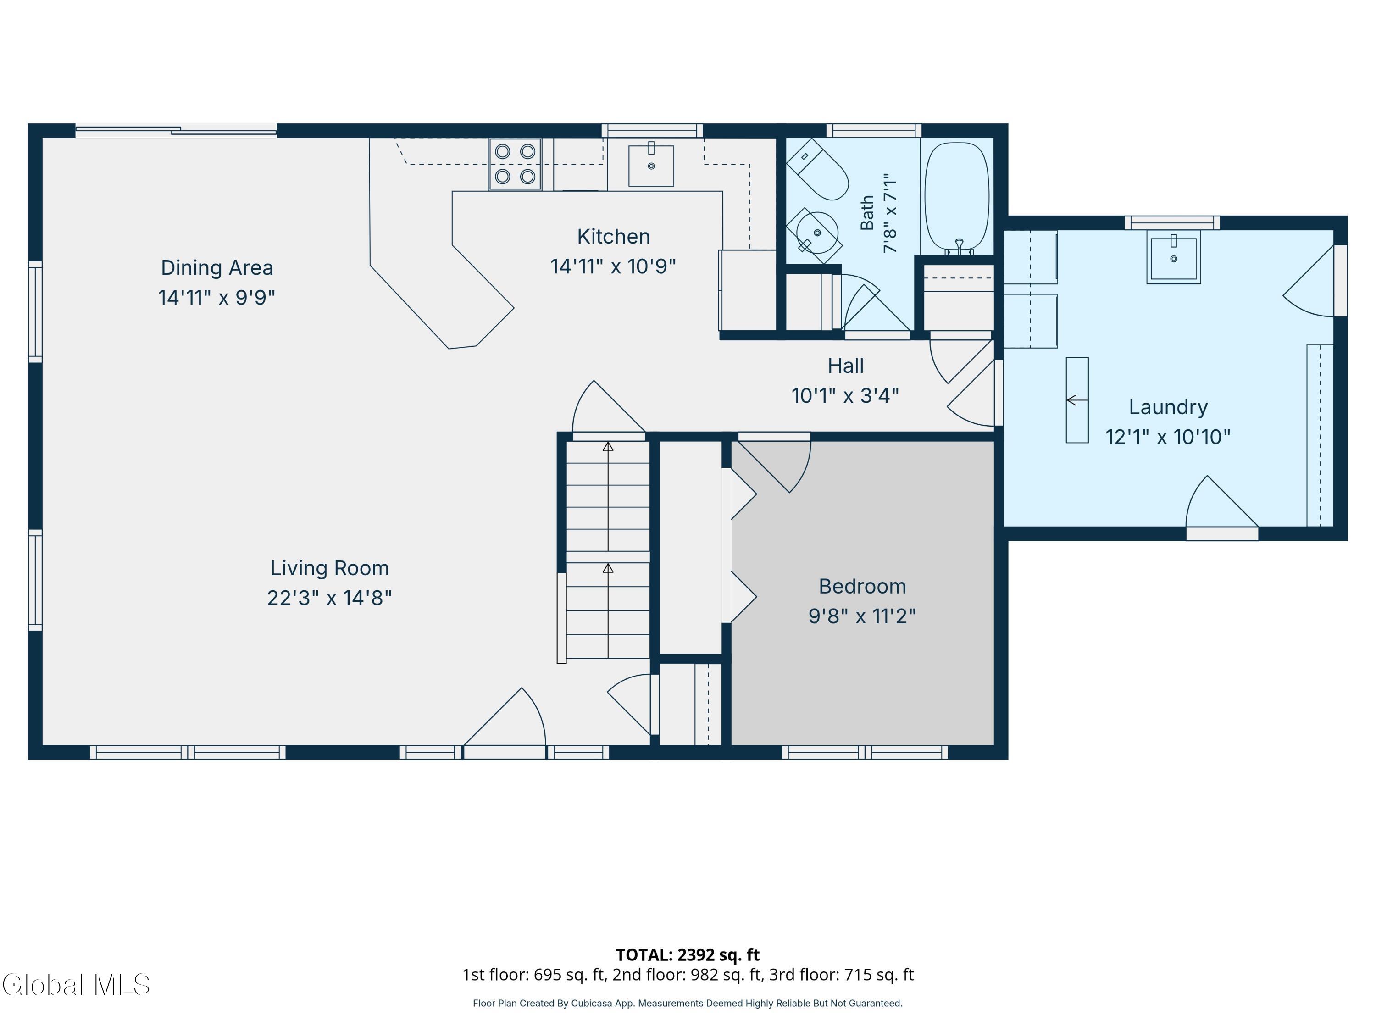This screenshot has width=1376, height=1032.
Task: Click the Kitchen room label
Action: pyautogui.click(x=613, y=236)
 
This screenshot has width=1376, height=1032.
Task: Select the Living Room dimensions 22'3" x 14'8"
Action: pyautogui.click(x=329, y=598)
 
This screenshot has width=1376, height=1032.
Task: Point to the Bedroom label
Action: pyautogui.click(x=862, y=586)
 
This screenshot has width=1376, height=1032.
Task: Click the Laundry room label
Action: pyautogui.click(x=1168, y=407)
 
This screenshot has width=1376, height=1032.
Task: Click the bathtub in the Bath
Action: pyautogui.click(x=957, y=197)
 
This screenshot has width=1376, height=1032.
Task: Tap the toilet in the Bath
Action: pyautogui.click(x=817, y=169)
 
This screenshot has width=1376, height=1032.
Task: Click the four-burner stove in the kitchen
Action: pyautogui.click(x=515, y=164)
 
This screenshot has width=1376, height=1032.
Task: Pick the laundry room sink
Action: pyautogui.click(x=1174, y=257)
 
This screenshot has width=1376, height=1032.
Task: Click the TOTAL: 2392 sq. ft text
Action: pyautogui.click(x=688, y=955)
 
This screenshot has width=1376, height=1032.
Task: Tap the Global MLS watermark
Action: pyautogui.click(x=76, y=985)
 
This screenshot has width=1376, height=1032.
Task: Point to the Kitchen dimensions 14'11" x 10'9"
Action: pyautogui.click(x=613, y=266)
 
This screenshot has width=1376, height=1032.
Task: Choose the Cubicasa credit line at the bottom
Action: pyautogui.click(x=688, y=1003)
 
